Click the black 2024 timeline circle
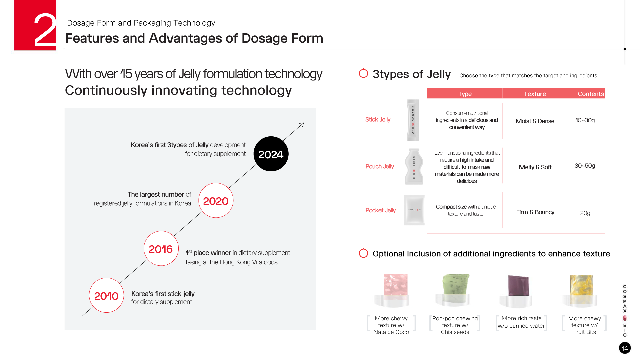(271, 154)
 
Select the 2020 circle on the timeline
(216, 200)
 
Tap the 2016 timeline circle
(161, 248)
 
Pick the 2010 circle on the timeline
(106, 295)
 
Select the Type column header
(465, 94)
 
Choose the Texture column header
(535, 94)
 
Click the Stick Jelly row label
(378, 119)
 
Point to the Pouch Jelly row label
(380, 166)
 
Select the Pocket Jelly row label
(381, 210)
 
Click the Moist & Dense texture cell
(535, 121)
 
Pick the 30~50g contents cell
(585, 166)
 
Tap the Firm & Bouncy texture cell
(535, 212)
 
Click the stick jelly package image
(413, 120)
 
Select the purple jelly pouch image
(517, 291)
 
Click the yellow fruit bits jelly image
(581, 291)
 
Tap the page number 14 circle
(625, 348)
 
